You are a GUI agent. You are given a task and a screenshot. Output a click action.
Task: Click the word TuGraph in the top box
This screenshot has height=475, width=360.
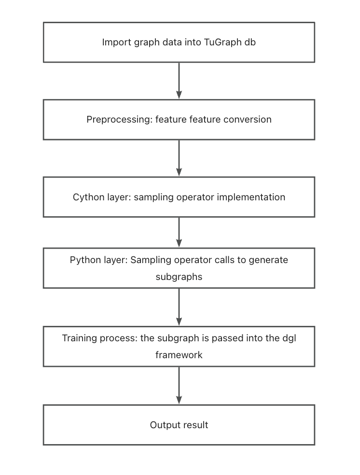222,42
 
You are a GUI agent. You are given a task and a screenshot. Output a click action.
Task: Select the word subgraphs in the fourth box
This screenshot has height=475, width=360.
179,277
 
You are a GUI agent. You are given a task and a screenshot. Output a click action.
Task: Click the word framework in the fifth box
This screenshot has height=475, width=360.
179,355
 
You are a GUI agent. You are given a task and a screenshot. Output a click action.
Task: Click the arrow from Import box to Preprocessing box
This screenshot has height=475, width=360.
179,81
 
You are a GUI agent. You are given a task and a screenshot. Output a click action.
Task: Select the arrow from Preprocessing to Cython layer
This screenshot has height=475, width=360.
179,158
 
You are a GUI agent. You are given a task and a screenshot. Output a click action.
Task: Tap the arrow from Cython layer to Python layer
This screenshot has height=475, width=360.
179,232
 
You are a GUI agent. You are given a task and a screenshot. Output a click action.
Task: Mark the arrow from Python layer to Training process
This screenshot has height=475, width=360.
179,307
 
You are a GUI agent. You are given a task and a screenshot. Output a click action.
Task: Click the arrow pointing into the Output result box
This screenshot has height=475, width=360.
179,385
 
